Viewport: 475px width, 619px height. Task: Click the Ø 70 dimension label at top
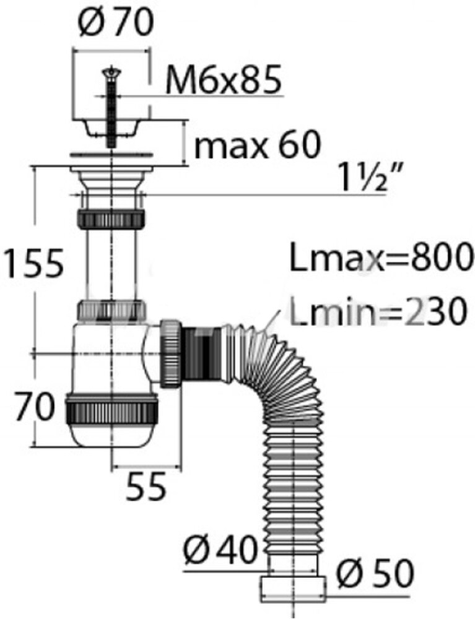(x=115, y=24)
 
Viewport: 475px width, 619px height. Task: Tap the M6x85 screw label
(x=224, y=80)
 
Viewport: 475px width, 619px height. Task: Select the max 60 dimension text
(x=258, y=144)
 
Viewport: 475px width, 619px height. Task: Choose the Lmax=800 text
(x=381, y=258)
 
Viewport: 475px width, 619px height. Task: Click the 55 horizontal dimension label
(x=146, y=487)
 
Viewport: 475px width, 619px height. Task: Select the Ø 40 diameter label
(x=220, y=550)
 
